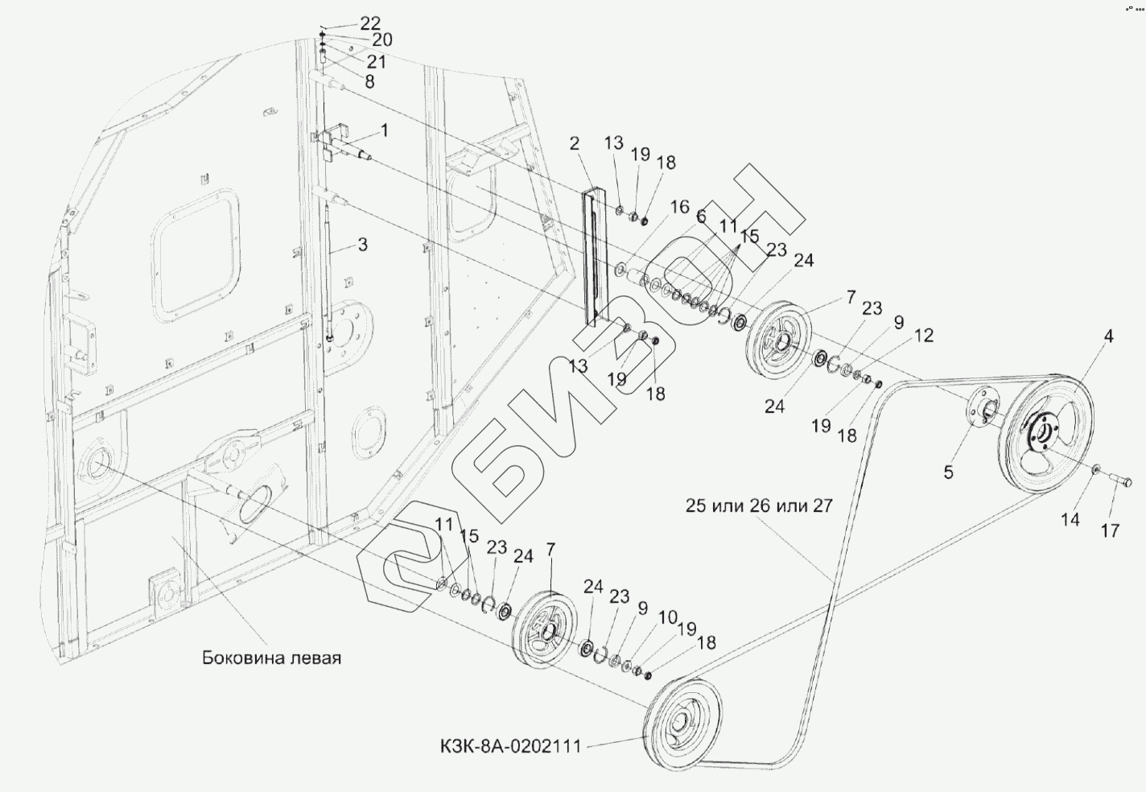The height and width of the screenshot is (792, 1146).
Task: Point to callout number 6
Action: coord(701,217)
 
